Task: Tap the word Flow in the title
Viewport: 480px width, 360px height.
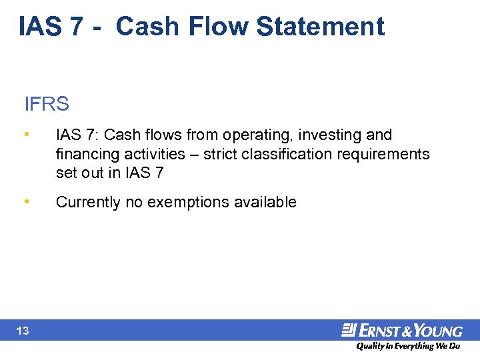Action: pyautogui.click(x=222, y=27)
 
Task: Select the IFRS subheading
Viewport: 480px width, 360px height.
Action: pyautogui.click(x=47, y=105)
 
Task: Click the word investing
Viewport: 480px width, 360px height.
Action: pyautogui.click(x=329, y=135)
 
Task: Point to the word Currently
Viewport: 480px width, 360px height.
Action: pyautogui.click(x=89, y=202)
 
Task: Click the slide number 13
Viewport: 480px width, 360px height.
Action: pyautogui.click(x=23, y=331)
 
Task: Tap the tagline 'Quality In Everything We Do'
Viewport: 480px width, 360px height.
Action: pyautogui.click(x=407, y=346)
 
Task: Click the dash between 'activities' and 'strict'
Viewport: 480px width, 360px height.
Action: pyautogui.click(x=191, y=155)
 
